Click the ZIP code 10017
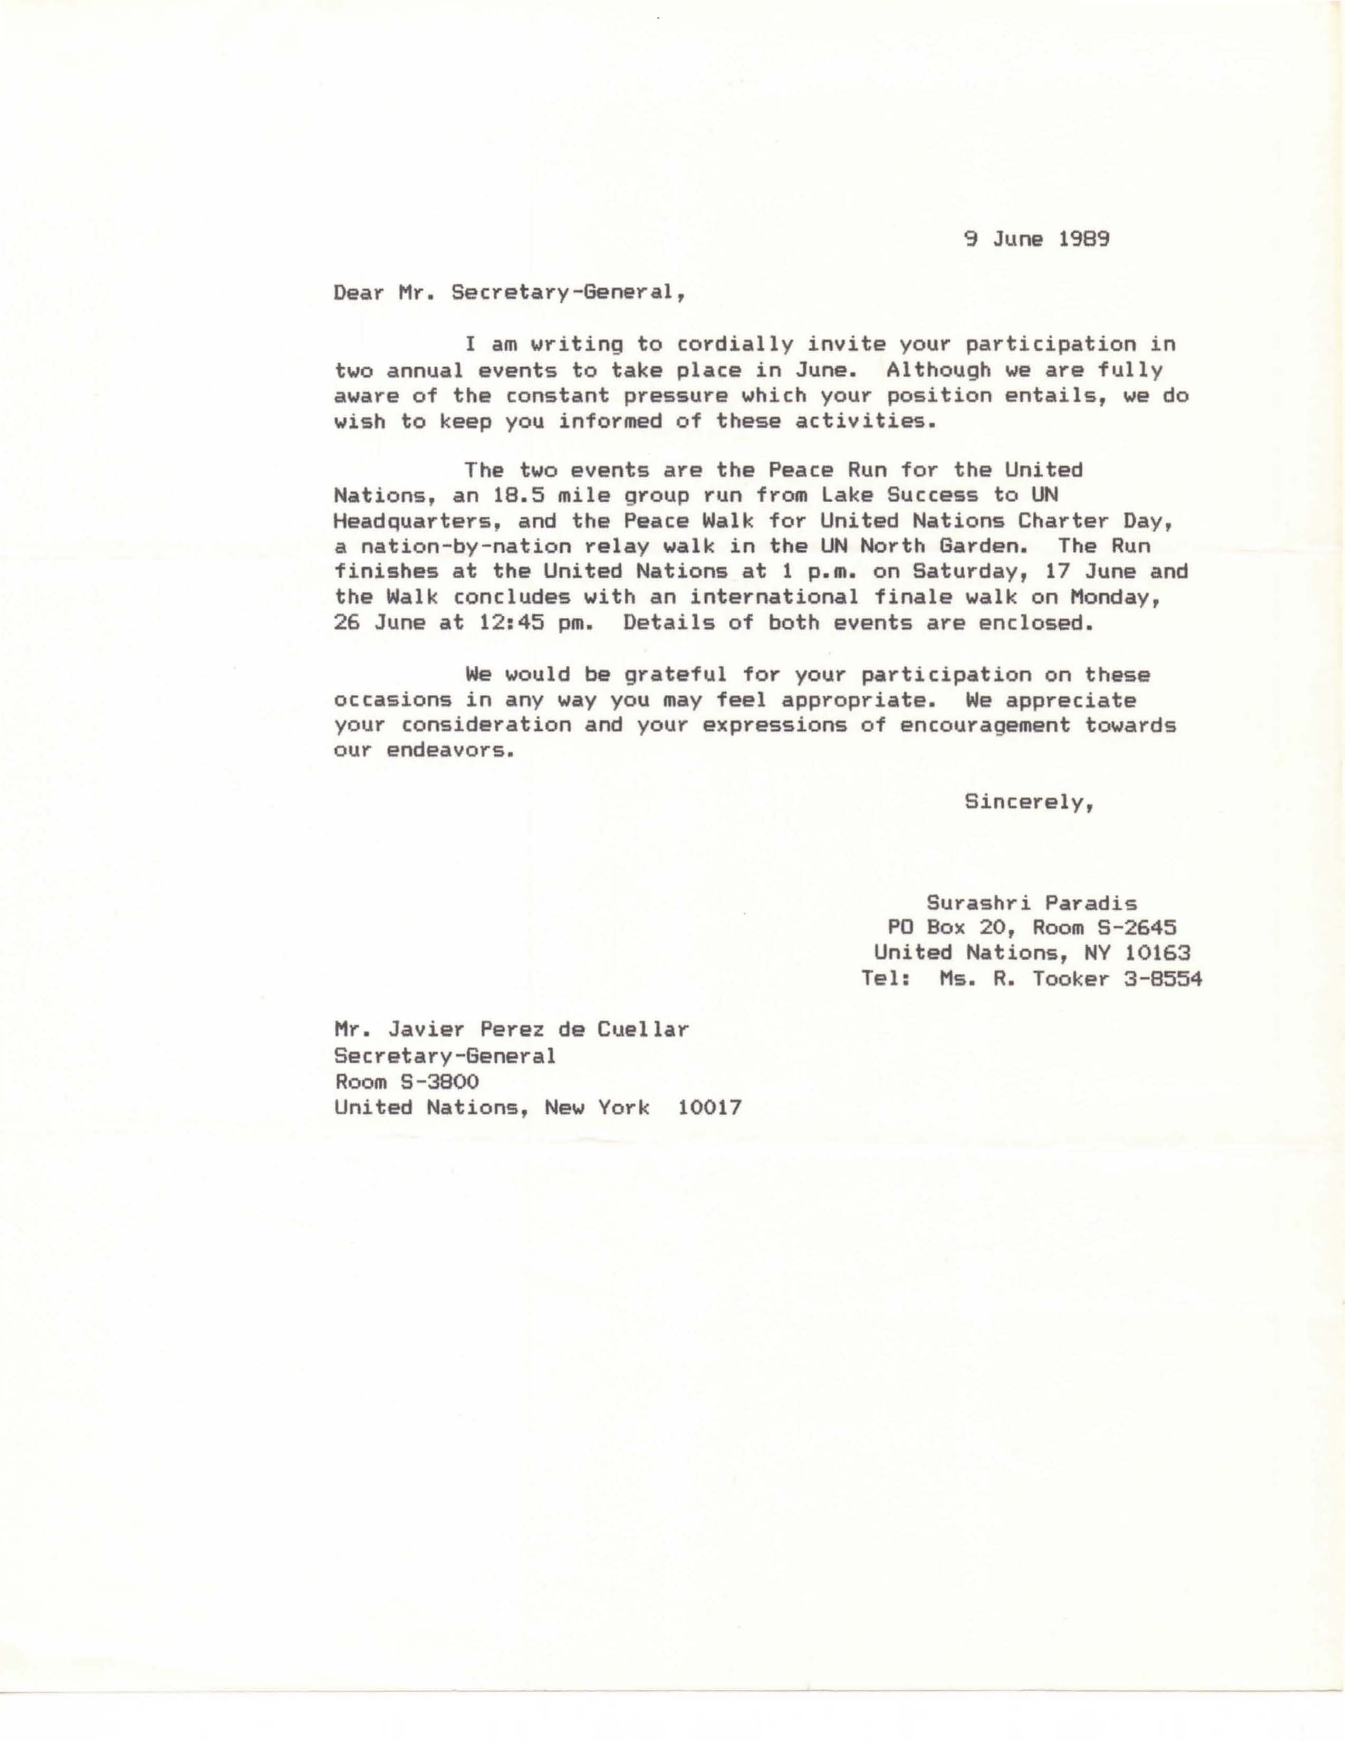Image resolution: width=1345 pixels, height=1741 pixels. click(708, 1107)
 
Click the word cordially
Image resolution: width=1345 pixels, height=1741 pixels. click(734, 345)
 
